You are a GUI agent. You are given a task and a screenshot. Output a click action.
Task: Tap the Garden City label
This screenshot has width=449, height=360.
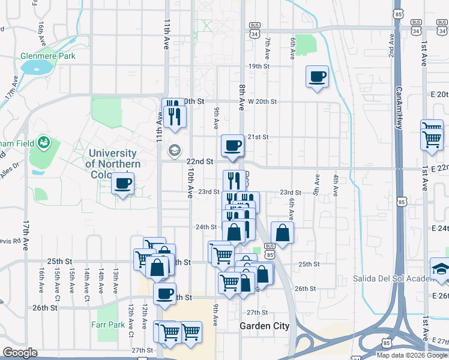265,326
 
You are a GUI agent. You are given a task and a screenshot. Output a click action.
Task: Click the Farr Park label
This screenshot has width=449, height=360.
109,325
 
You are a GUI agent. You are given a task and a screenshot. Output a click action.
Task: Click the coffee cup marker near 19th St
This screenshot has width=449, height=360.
317,77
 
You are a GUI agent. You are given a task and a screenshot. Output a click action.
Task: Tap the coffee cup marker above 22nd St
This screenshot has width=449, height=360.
232,146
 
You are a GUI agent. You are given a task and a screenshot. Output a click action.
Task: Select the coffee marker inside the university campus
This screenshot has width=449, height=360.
122,184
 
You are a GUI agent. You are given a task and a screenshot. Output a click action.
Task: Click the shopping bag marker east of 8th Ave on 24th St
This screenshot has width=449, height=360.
282,233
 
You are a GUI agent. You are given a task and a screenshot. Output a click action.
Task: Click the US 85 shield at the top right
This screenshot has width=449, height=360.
399,13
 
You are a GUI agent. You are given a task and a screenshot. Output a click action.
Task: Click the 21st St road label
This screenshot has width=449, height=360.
258,137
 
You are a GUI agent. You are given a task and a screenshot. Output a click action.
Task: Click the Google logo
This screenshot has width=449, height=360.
20,353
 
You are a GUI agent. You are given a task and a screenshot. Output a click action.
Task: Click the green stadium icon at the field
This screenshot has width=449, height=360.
43,143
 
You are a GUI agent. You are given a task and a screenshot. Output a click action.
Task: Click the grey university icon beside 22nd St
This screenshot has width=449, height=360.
174,150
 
